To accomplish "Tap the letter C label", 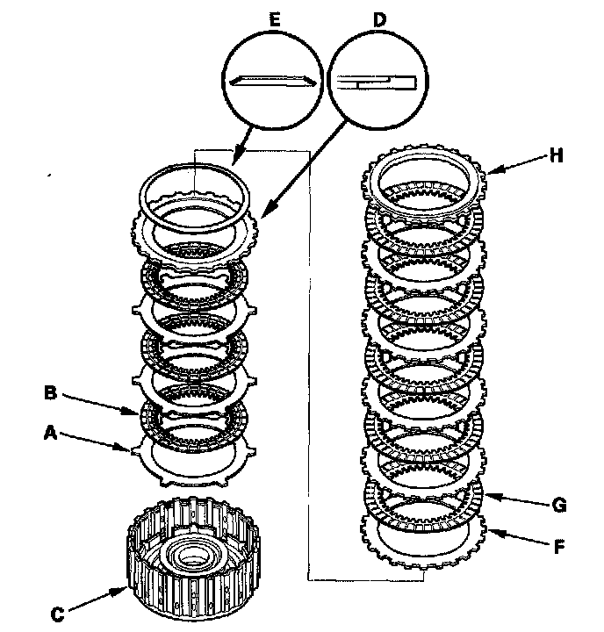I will (x=55, y=614).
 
